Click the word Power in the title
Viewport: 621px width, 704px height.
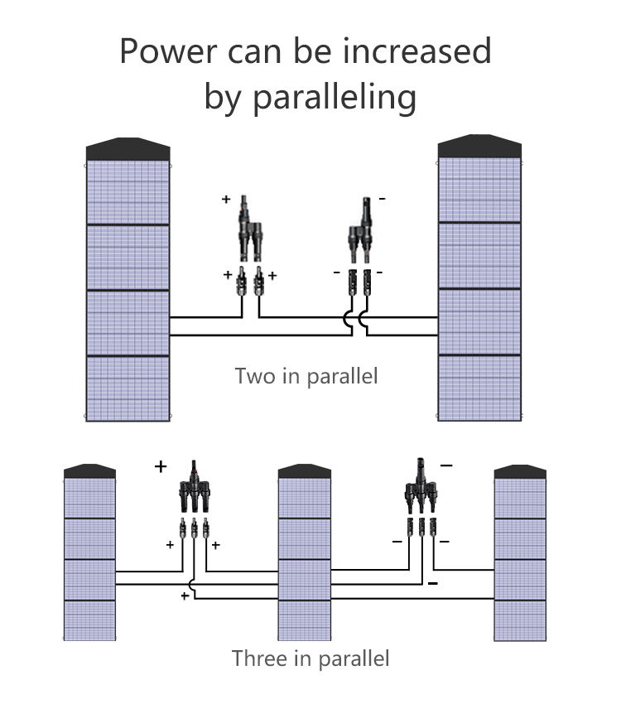pos(170,51)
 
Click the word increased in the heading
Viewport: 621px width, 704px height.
pos(416,51)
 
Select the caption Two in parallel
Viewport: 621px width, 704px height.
pos(306,376)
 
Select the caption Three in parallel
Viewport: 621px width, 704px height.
pos(310,658)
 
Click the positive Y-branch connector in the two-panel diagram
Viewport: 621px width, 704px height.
pos(250,229)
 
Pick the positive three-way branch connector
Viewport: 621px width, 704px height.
pos(195,486)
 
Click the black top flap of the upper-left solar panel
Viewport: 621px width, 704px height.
pos(128,149)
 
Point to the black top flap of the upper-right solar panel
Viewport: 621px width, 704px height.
pos(479,146)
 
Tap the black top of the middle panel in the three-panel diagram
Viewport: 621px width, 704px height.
pos(305,471)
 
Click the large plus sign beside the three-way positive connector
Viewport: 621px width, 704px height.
pos(161,466)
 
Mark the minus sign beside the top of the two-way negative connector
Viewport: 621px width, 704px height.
pos(383,198)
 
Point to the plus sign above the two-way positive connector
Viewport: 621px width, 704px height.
pos(226,199)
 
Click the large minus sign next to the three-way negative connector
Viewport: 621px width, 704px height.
pos(446,465)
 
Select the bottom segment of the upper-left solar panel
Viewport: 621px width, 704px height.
pos(128,388)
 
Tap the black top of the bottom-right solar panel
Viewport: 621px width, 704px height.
pos(520,472)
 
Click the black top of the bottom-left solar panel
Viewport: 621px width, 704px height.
pos(89,471)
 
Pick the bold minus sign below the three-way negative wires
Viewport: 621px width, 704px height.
pos(433,583)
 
